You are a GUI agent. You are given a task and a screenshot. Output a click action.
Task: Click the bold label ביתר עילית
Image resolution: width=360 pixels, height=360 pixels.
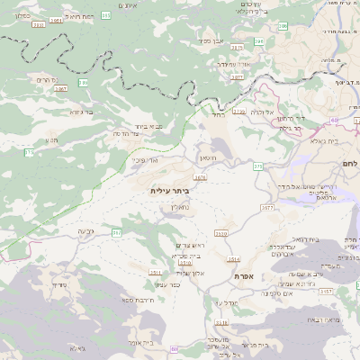point(170,191)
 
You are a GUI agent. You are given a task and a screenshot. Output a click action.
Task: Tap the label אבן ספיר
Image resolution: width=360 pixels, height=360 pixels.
point(212,40)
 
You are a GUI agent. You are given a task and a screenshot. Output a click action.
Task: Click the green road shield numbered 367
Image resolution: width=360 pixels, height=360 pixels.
point(116,233)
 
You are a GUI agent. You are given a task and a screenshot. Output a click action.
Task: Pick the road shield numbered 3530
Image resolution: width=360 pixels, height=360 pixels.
point(221,232)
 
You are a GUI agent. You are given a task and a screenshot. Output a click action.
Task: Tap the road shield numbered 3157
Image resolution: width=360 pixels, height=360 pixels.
point(326,292)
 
